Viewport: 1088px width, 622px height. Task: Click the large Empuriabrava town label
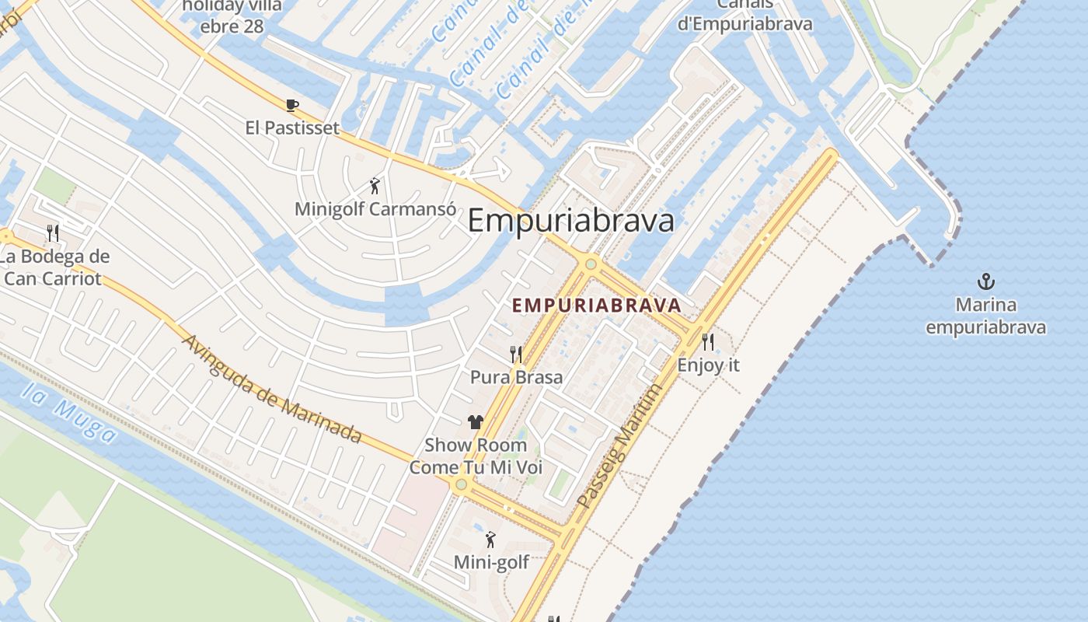click(571, 221)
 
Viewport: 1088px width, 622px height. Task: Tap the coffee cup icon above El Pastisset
click(291, 105)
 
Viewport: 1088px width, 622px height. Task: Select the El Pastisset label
click(292, 128)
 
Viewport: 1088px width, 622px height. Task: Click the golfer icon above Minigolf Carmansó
click(375, 187)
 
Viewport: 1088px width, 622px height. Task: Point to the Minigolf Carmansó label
click(375, 209)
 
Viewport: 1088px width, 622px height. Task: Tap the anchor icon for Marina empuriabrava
click(985, 281)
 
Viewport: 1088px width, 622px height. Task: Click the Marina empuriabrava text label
click(985, 316)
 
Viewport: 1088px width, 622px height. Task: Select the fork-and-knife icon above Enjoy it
click(708, 341)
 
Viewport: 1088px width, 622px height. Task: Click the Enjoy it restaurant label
click(708, 365)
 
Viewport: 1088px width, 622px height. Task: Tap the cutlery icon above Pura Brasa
click(516, 355)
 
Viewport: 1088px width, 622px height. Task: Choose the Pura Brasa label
click(516, 377)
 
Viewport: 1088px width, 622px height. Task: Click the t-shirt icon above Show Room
click(476, 422)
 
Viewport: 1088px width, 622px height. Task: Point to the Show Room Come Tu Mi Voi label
click(476, 456)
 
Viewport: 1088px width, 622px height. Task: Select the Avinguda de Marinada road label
click(272, 389)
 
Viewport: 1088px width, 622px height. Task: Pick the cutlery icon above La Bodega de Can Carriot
click(53, 232)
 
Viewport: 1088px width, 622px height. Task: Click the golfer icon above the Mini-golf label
click(490, 540)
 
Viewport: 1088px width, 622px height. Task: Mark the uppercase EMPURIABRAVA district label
click(596, 306)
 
